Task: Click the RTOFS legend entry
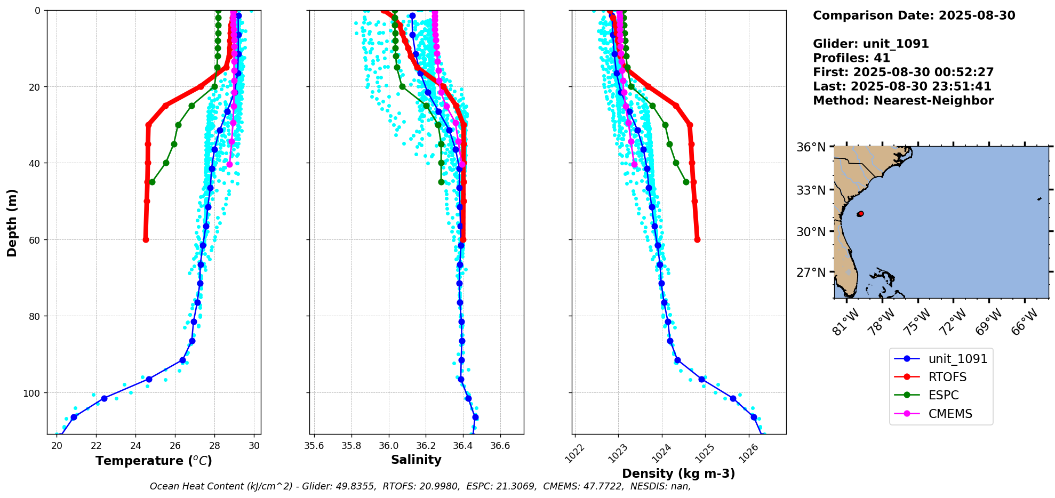947,377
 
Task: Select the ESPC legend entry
943,395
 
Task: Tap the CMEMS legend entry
950,414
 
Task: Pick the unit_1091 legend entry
957,359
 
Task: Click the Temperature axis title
154,461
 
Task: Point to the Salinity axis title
416,460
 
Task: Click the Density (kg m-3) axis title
678,473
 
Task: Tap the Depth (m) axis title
12,222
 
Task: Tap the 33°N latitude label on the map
811,190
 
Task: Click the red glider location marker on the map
860,214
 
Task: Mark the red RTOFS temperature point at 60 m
146,239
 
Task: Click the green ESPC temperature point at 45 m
152,182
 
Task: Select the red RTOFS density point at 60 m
697,239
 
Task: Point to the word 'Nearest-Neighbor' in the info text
933,101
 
